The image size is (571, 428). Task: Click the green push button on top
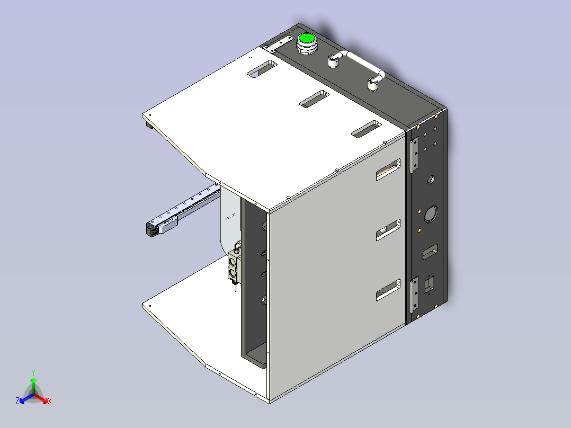click(306, 39)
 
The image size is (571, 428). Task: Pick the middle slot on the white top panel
click(314, 99)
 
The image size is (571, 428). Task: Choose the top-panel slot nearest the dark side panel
click(366, 129)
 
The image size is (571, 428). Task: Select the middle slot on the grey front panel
click(388, 230)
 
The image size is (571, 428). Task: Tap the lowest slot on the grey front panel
click(388, 290)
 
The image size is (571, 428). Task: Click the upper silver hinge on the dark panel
click(414, 154)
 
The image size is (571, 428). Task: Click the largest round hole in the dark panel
click(431, 214)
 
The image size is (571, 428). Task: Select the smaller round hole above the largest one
click(431, 180)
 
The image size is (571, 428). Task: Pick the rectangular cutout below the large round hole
click(430, 252)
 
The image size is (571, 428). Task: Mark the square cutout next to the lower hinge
click(429, 284)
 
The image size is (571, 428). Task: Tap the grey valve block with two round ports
click(233, 267)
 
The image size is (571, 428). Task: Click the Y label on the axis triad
click(33, 372)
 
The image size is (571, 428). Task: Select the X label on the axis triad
click(49, 402)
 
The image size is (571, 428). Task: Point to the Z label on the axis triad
click(17, 402)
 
